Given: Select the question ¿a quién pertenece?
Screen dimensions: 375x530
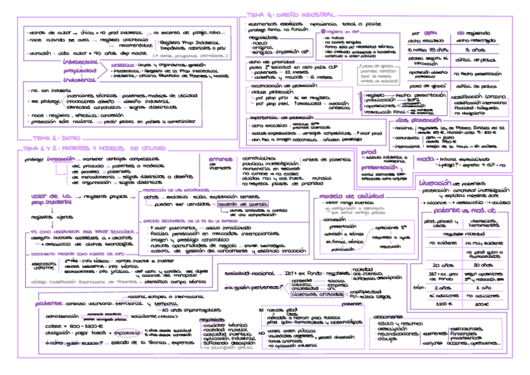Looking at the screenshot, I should pos(247,287).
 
